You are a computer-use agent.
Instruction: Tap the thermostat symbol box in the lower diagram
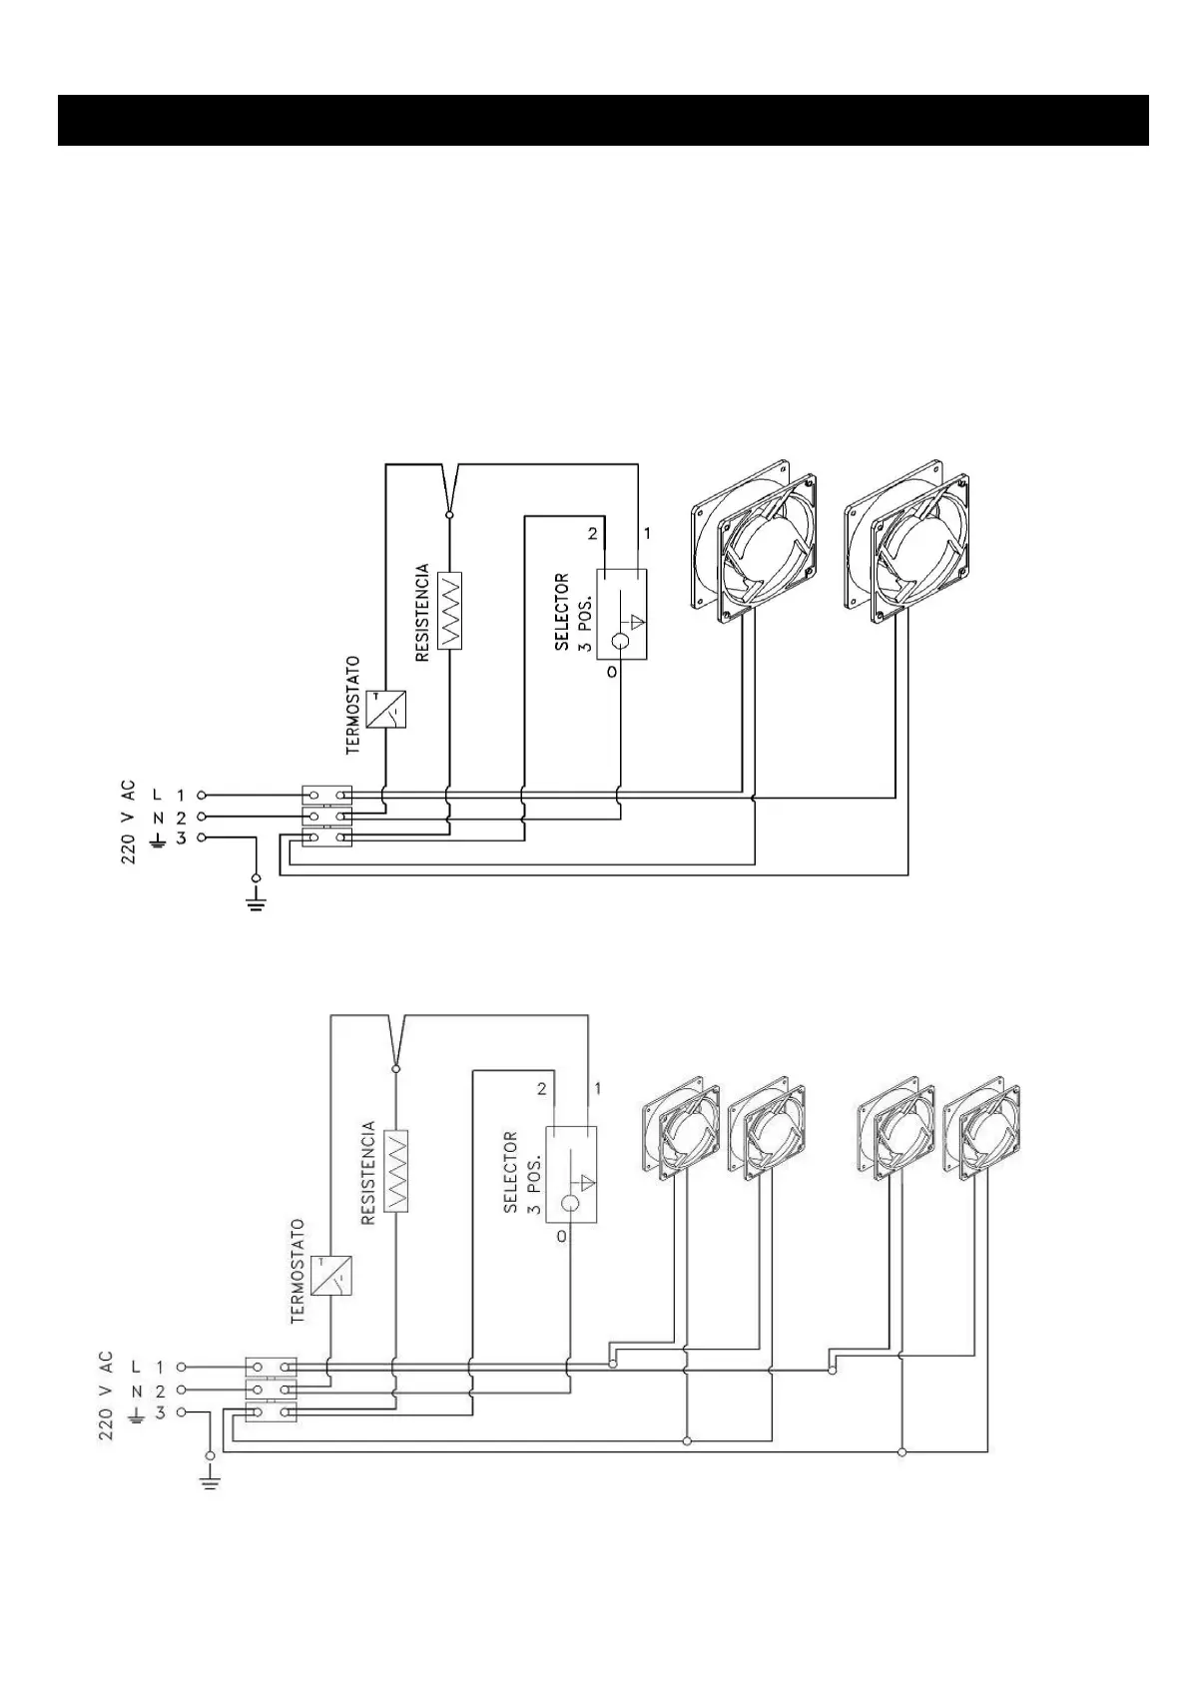tap(330, 1275)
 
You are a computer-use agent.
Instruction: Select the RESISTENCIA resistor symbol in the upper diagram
tap(450, 611)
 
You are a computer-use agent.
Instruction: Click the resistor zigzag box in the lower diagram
tap(396, 1171)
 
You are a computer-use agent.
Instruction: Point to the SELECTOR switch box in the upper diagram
tap(621, 614)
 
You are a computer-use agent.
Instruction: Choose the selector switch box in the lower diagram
tap(571, 1175)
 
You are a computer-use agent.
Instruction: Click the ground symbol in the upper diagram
tap(257, 904)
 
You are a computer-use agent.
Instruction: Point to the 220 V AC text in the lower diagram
tap(106, 1395)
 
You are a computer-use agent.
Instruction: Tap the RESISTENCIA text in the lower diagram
tap(367, 1173)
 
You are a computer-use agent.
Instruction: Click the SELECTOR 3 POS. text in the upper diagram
tap(574, 612)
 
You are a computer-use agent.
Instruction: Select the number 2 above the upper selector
tap(592, 534)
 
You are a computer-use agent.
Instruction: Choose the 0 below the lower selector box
tap(561, 1236)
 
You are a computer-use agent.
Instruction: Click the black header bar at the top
tap(603, 120)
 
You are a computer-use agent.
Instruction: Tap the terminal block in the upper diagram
tap(326, 817)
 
